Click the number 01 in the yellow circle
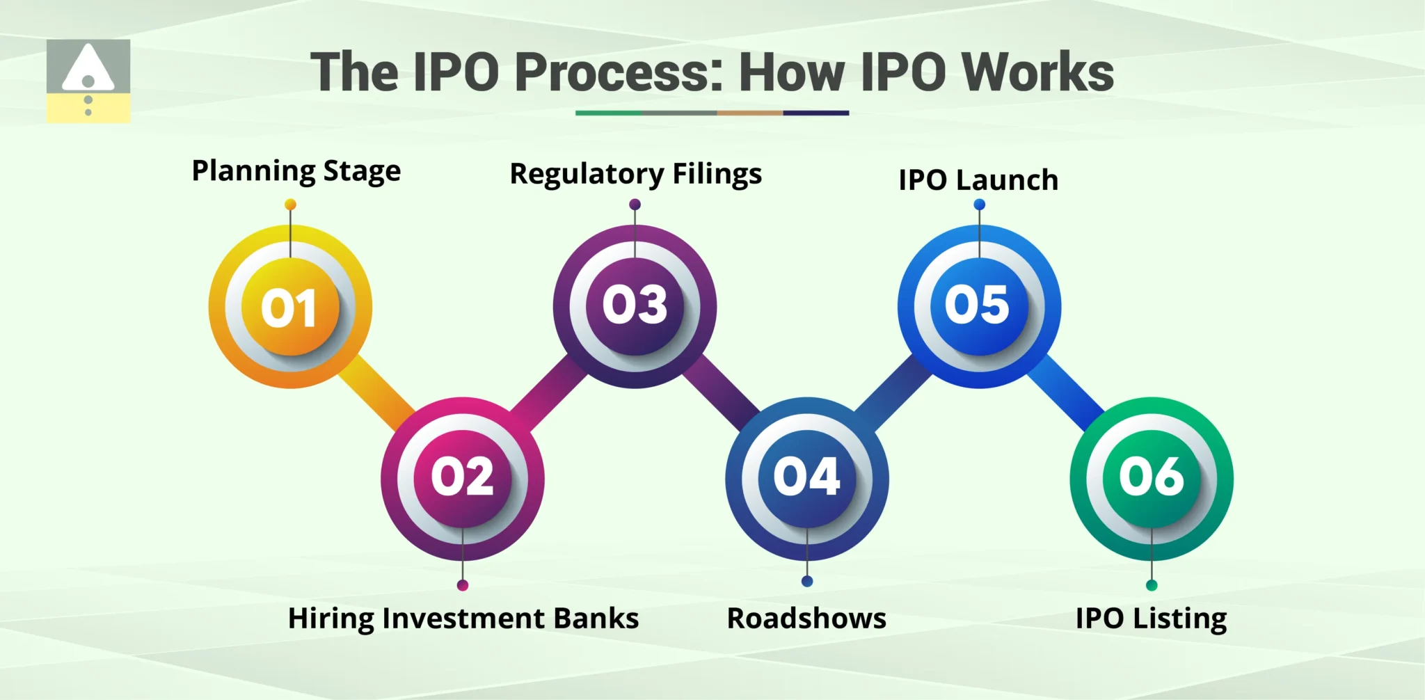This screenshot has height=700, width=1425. click(x=289, y=308)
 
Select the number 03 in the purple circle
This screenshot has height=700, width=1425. click(x=635, y=305)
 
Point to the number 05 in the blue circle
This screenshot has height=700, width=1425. click(x=977, y=305)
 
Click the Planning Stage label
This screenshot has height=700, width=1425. click(x=296, y=171)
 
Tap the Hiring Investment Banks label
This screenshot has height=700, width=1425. click(x=463, y=619)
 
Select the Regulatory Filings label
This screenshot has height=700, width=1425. click(x=635, y=174)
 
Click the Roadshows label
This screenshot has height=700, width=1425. click(x=806, y=619)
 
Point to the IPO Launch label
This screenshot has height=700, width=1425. click(x=978, y=180)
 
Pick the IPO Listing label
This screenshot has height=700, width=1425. click(x=1151, y=619)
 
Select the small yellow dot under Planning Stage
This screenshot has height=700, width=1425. click(x=290, y=205)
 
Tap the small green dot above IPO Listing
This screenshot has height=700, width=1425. click(x=1152, y=585)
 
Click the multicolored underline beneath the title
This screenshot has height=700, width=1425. click(x=712, y=113)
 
